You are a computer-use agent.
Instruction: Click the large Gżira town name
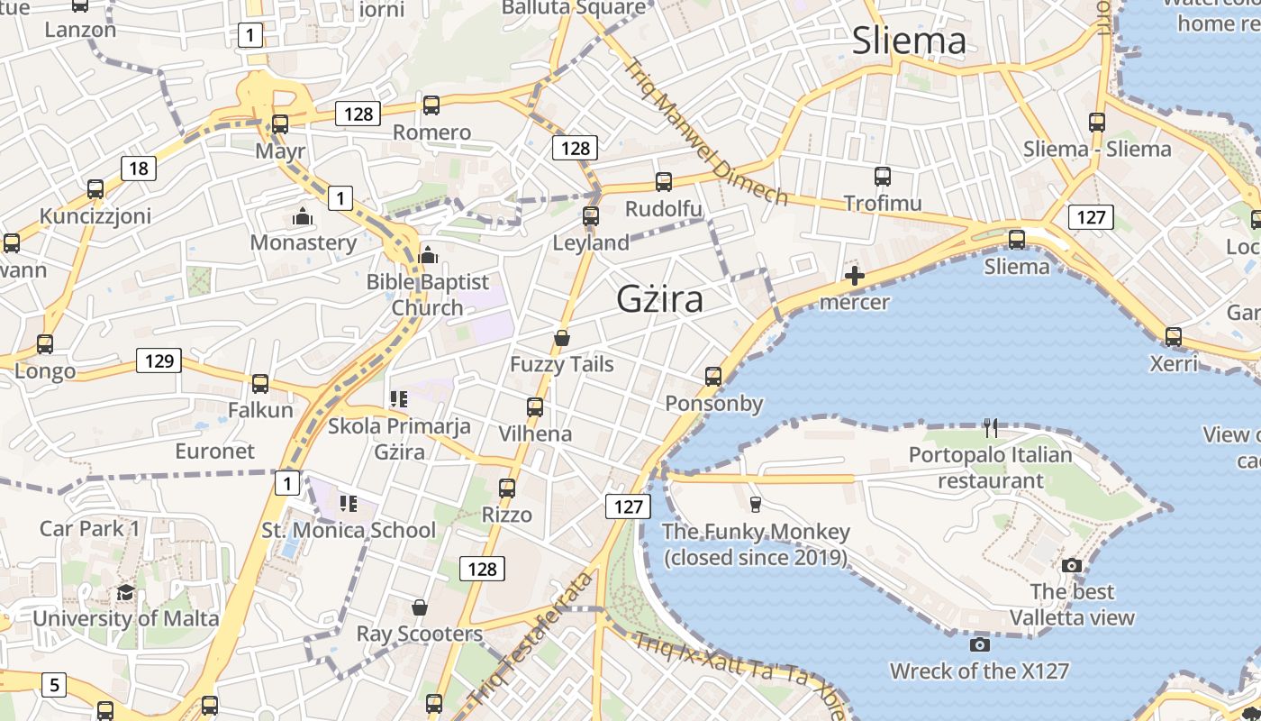[x=659, y=298]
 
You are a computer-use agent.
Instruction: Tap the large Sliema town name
[x=909, y=41]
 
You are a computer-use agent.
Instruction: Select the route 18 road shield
[x=138, y=168]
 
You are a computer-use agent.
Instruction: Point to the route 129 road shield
[x=159, y=360]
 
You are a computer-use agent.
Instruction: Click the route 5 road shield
[x=54, y=685]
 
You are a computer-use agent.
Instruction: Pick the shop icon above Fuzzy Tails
[x=562, y=338]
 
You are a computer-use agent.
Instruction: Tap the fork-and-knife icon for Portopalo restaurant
[x=991, y=427]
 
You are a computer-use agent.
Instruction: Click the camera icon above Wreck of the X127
[x=980, y=644]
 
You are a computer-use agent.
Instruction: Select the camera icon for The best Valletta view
[x=1072, y=565]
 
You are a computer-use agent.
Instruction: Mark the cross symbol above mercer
[x=855, y=276]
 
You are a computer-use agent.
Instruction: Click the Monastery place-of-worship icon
[x=302, y=216]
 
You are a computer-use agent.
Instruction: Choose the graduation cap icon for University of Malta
[x=125, y=592]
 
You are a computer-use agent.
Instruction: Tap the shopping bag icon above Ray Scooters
[x=419, y=607]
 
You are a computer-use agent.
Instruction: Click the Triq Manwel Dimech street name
[x=706, y=132]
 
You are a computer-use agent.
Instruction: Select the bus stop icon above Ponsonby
[x=713, y=376]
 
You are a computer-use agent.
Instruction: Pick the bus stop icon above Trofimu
[x=882, y=176]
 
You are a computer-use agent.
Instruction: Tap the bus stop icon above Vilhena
[x=535, y=406]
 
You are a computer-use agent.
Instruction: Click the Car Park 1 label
[x=89, y=527]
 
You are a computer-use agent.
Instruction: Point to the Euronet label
[x=215, y=451]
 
